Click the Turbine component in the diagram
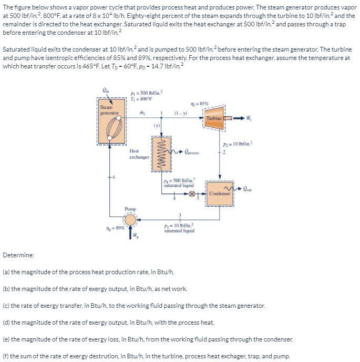pos(214,117)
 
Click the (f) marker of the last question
pos(6,356)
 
